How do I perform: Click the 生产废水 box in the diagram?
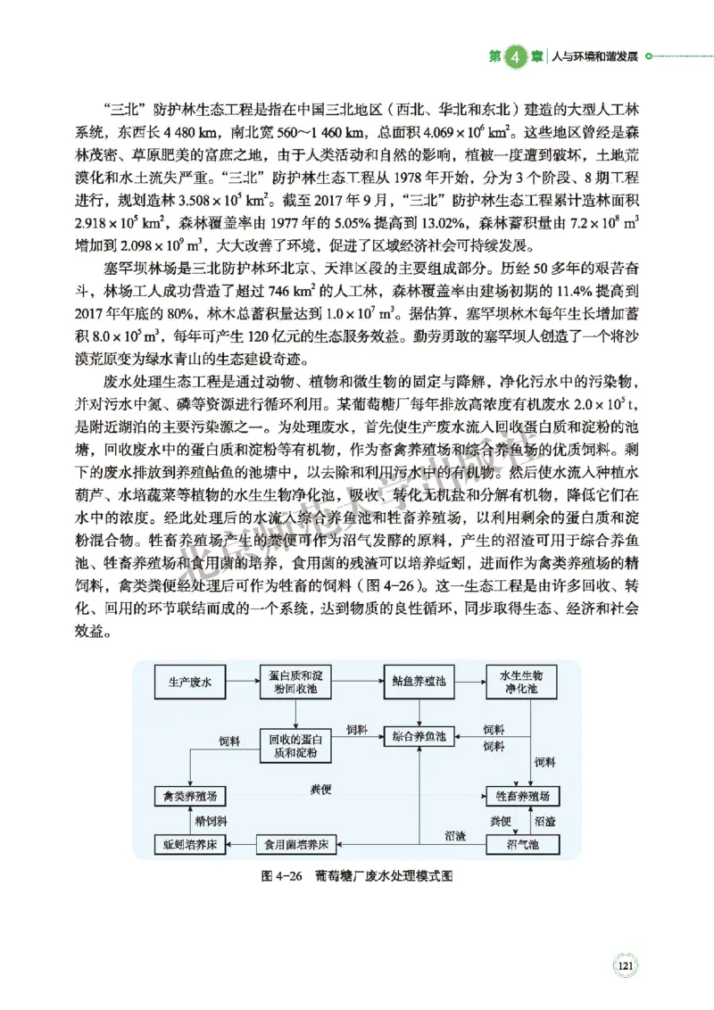pos(190,683)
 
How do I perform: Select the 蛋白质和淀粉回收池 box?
pos(294,683)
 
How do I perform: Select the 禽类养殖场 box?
pos(190,795)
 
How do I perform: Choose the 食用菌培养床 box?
pos(294,842)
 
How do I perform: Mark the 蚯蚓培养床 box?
pos(190,842)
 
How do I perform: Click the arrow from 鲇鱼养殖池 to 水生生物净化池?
pos(470,683)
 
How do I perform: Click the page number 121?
pos(625,965)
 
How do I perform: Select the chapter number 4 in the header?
pos(516,56)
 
